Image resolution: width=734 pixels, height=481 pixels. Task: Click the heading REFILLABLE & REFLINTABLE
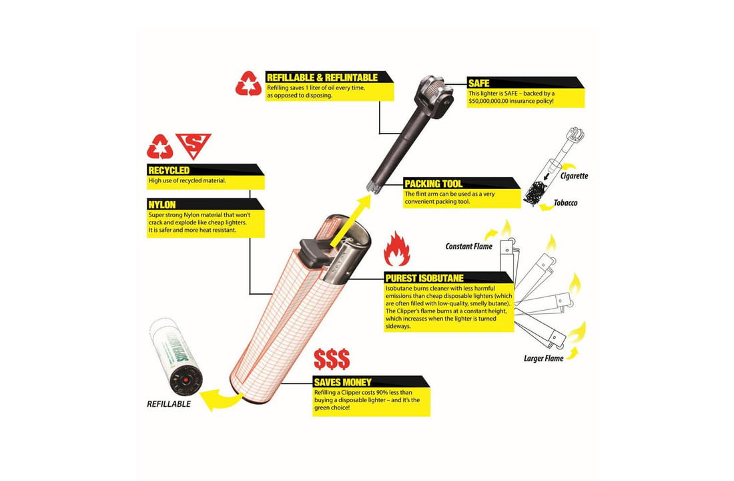(x=322, y=77)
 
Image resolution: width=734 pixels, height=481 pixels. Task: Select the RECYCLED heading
(x=169, y=170)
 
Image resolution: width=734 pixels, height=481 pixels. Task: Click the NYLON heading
(x=162, y=203)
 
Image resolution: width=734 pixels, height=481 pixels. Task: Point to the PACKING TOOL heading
(x=434, y=184)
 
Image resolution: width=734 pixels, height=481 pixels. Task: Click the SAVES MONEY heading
(x=344, y=382)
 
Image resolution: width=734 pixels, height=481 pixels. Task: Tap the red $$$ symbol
(x=332, y=359)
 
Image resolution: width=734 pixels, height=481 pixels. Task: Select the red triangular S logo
(x=193, y=145)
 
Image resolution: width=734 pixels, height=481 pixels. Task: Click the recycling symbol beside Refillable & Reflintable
(x=250, y=84)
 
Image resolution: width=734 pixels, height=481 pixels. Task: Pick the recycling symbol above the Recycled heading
(x=160, y=146)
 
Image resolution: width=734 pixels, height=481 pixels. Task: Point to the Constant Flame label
(x=468, y=247)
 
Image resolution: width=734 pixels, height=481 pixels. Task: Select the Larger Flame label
(x=543, y=358)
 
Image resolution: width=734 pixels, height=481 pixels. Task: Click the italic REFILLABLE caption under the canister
(x=169, y=404)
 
